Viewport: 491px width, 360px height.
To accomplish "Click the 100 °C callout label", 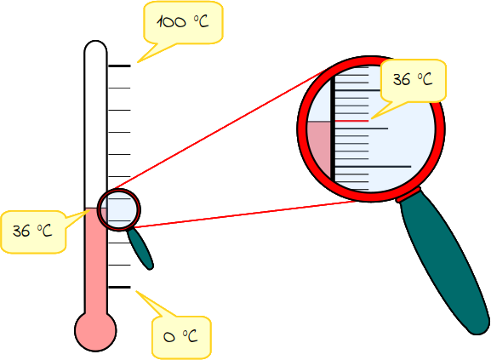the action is click(183, 22).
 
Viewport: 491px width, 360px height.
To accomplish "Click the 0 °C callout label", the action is click(180, 336).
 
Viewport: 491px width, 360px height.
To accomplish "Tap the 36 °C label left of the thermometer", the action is click(32, 231).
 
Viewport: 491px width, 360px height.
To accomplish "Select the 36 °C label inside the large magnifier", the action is click(413, 79).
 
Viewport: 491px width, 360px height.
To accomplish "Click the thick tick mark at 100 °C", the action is click(119, 66).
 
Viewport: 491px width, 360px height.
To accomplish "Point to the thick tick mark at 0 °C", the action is click(119, 287).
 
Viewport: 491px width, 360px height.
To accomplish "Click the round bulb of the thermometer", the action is click(95, 331).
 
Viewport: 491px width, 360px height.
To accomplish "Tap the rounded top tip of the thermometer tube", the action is click(95, 43).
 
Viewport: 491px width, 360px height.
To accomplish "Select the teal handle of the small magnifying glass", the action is click(140, 249).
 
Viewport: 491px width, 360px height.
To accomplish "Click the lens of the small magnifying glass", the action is click(119, 209).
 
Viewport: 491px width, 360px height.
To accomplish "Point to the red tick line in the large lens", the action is click(351, 121).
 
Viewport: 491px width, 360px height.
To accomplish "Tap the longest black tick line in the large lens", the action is click(373, 167).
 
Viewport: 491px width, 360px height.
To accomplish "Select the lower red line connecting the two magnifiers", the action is click(246, 214).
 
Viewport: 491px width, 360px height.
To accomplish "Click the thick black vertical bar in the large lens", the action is click(334, 130).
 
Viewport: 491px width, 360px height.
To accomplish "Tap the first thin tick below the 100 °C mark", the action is click(119, 88).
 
